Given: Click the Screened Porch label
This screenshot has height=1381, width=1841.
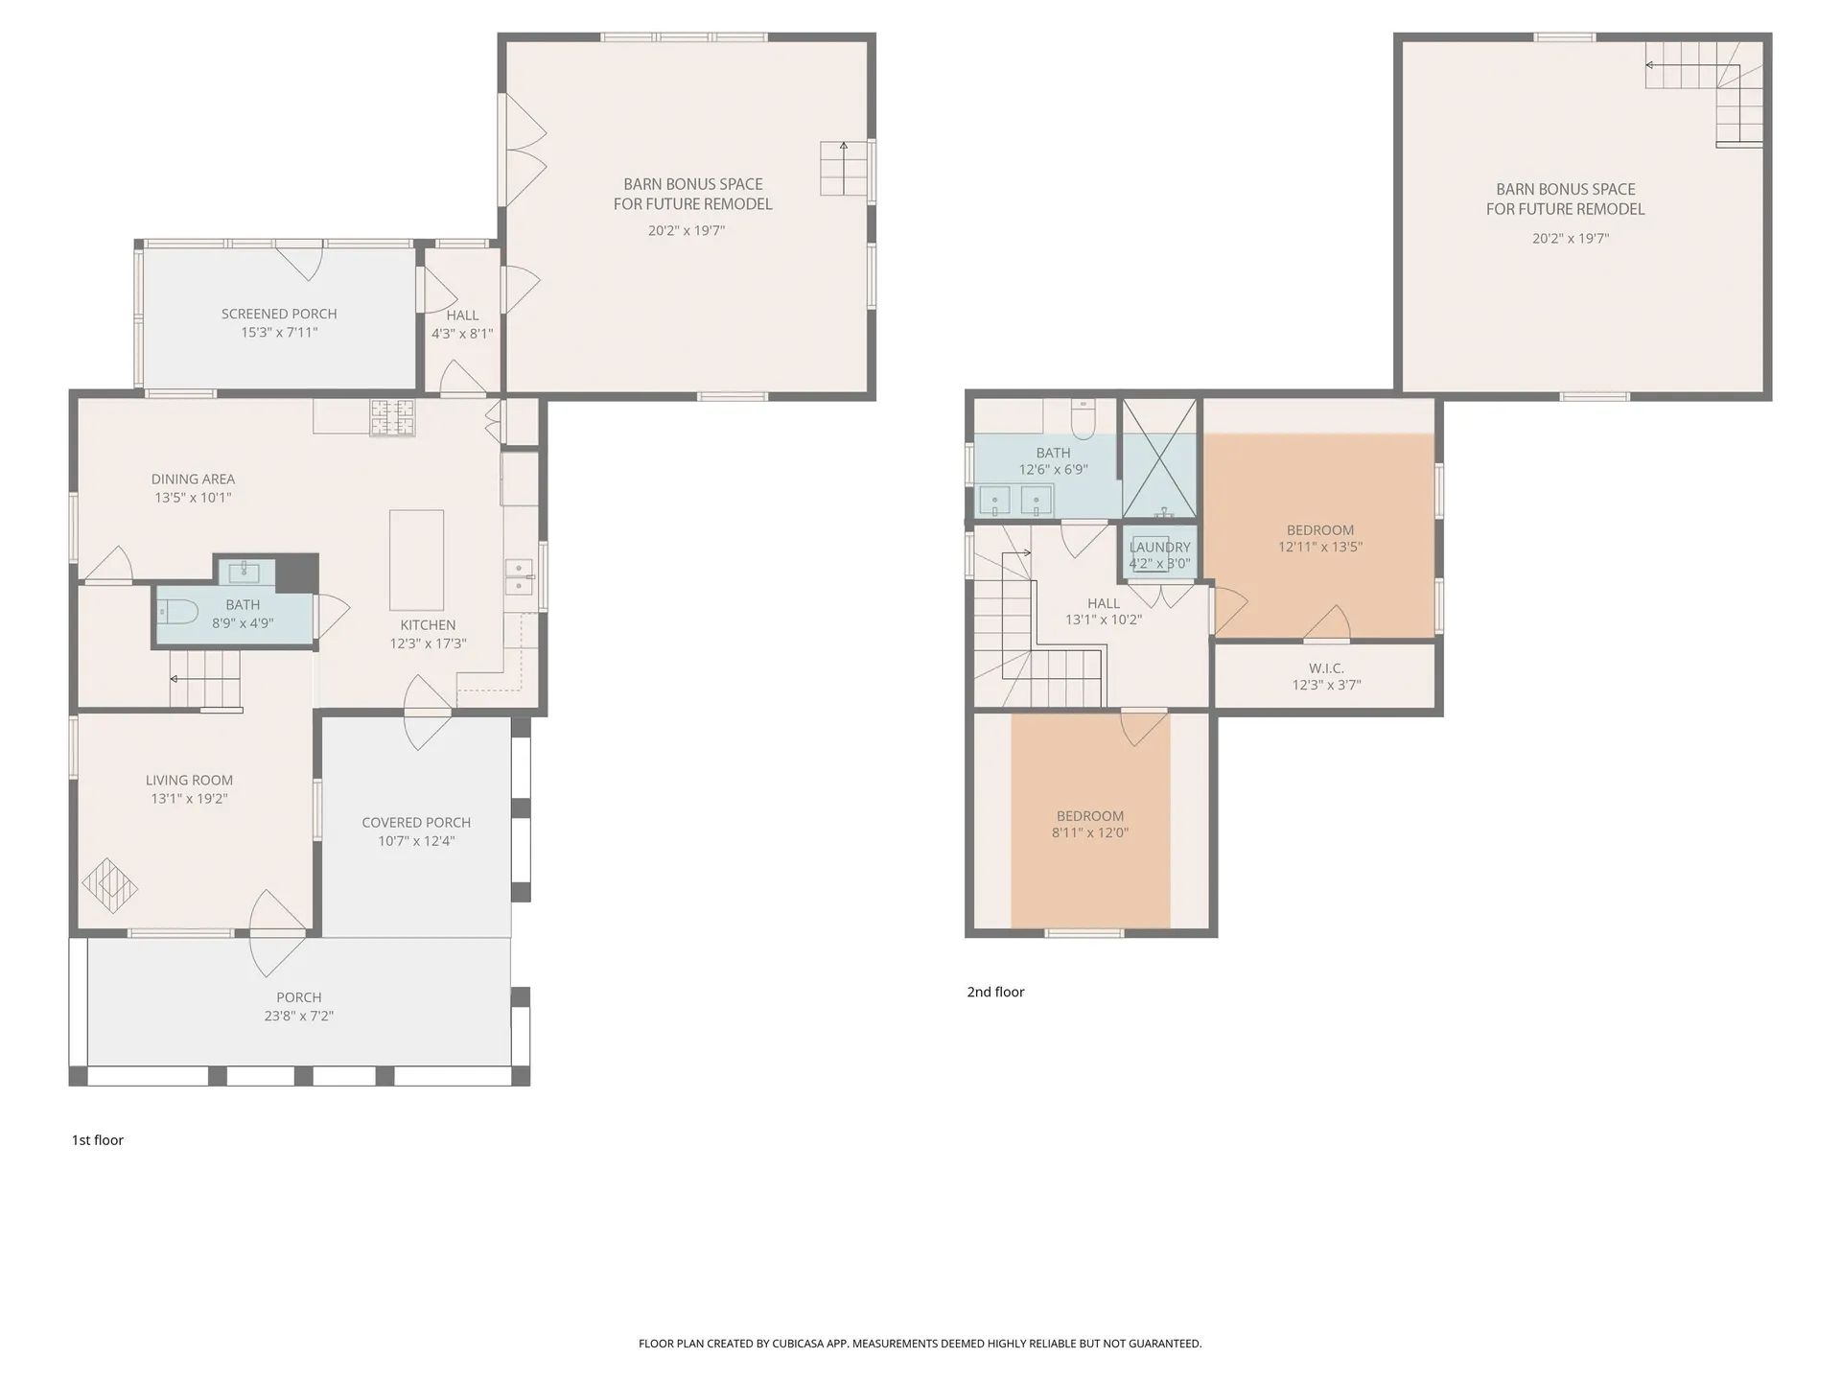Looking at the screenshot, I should tap(279, 314).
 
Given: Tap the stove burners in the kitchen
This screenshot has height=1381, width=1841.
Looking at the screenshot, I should tap(392, 417).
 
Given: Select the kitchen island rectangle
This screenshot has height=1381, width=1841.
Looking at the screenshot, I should tap(416, 560).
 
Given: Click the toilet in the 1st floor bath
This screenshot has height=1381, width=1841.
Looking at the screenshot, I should tap(178, 611).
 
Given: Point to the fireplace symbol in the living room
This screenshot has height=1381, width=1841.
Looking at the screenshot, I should tap(109, 886).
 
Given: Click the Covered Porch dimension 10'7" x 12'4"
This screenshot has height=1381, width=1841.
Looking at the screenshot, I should tap(416, 841).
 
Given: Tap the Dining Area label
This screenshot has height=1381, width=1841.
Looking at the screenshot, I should tap(193, 479).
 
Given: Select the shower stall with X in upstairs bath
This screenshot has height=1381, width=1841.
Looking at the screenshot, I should tap(1159, 459).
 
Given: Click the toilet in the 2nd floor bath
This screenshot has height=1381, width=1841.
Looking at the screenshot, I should tap(1084, 419).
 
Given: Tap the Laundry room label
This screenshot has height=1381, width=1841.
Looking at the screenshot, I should tap(1159, 548).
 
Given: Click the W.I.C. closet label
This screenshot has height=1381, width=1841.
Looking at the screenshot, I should tap(1326, 667).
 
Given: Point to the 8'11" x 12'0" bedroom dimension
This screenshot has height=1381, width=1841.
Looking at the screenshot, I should tap(1090, 832).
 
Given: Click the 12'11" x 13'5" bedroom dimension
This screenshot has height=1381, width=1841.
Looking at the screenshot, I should tap(1320, 547).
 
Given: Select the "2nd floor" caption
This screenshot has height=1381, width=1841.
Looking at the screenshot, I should tap(995, 992).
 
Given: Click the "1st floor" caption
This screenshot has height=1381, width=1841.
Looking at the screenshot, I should tap(98, 1139).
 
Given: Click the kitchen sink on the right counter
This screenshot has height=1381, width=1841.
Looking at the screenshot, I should tap(519, 577).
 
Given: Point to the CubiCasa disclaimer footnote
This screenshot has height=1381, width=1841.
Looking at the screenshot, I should tap(920, 1344).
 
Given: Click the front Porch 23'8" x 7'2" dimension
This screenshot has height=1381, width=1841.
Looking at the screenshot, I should tap(298, 1016).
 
